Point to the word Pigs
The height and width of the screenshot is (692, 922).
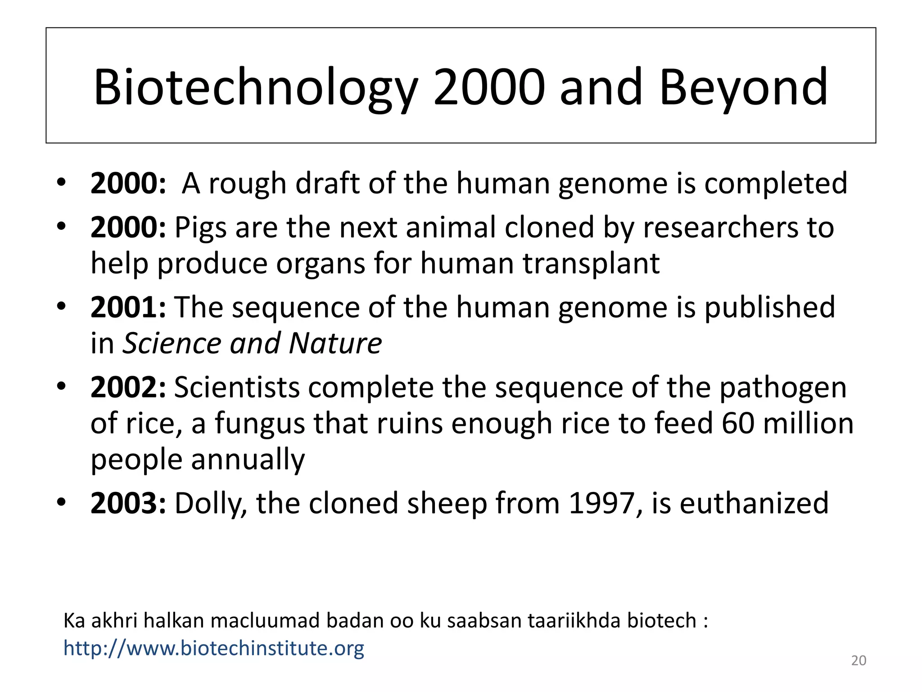(x=200, y=228)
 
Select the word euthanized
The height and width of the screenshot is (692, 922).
(x=754, y=503)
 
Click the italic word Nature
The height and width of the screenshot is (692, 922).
(x=335, y=343)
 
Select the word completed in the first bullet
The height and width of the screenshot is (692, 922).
(x=775, y=184)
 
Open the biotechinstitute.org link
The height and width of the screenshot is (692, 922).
(x=214, y=648)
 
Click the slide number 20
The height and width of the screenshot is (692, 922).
(x=859, y=661)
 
